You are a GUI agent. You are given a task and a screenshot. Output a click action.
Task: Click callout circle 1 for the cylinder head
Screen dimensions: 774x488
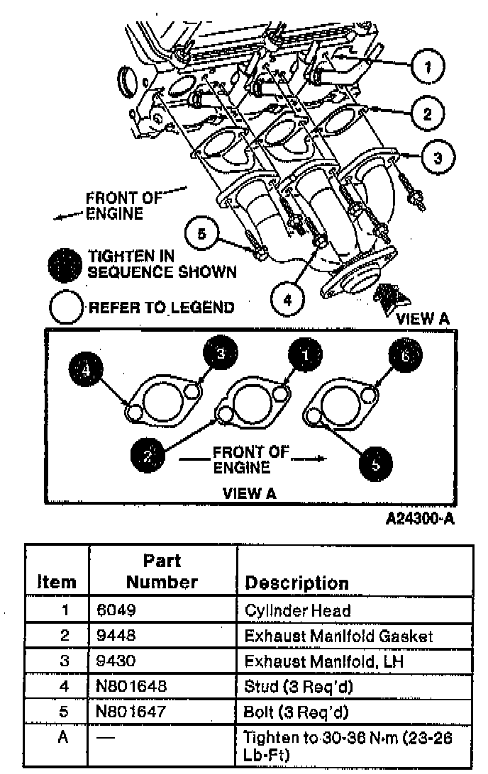click(x=426, y=67)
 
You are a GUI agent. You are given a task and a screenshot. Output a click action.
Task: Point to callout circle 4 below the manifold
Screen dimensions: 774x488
click(x=287, y=300)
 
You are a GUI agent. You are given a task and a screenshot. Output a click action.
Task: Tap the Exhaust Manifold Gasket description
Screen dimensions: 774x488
click(x=338, y=635)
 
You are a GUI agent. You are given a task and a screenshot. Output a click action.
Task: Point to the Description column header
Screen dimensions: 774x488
click(x=296, y=583)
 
